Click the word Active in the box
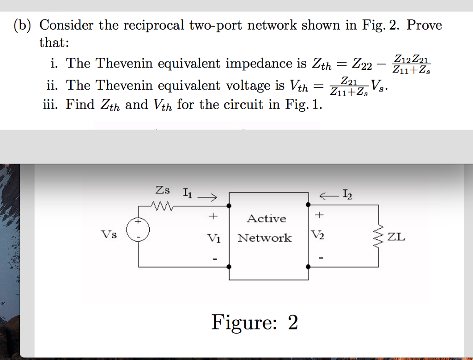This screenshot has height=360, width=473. (x=266, y=219)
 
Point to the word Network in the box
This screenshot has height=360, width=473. (x=265, y=238)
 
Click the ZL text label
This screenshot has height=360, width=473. (x=396, y=238)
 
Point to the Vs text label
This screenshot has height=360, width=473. (x=109, y=234)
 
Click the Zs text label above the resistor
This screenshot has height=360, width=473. (x=163, y=189)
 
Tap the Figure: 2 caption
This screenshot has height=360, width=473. (x=255, y=322)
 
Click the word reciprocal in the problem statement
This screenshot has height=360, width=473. (x=154, y=25)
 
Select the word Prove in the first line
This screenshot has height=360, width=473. (x=424, y=25)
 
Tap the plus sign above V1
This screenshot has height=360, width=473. (x=213, y=215)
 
